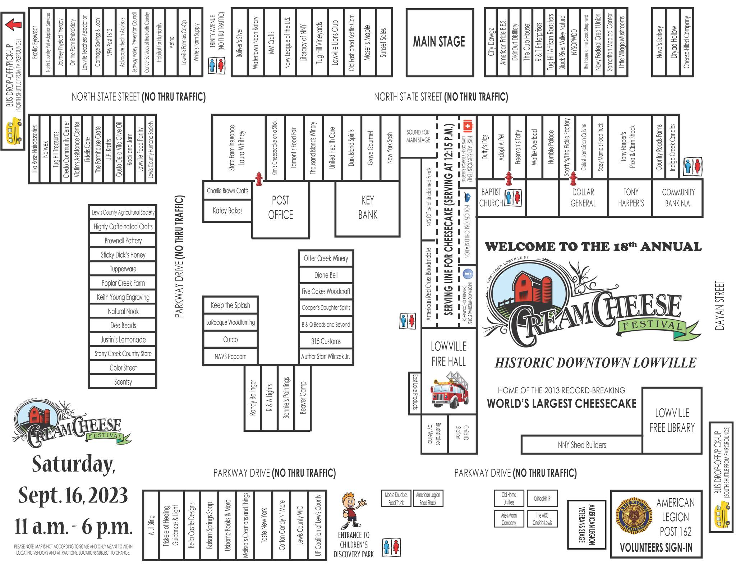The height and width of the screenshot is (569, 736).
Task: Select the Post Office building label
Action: coord(280,208)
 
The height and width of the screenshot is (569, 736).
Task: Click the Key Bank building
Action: coord(368,208)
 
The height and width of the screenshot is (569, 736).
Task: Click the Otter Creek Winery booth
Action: coord(326,258)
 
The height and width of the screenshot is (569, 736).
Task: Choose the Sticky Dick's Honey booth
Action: coord(123,255)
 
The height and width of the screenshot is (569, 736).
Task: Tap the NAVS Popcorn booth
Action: coord(230,357)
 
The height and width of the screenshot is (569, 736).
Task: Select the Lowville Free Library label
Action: coord(672,420)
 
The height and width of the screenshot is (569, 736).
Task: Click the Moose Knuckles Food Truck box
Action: coord(396,499)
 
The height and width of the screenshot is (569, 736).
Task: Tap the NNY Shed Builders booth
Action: coord(581,445)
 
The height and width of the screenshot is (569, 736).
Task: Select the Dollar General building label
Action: coord(583,198)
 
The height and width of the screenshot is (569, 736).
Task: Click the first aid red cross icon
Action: coord(468,126)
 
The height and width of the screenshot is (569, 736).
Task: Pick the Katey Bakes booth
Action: coord(227,211)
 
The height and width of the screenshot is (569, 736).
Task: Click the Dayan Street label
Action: coord(720,306)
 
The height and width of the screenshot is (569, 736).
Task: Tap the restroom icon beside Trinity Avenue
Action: coord(217,65)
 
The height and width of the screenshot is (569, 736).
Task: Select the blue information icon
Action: coord(468,274)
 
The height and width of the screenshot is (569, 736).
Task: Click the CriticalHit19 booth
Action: coord(542,499)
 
